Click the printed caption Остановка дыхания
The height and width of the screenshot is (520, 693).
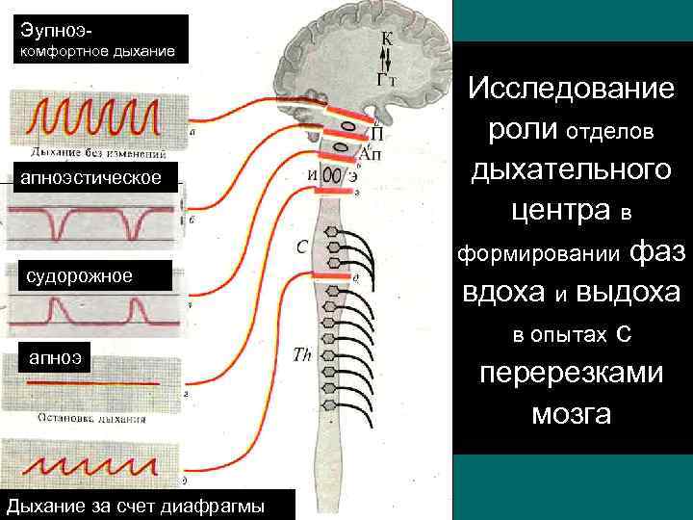(91, 419)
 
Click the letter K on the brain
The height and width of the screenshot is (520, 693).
(385, 39)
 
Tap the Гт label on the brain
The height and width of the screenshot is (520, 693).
(388, 80)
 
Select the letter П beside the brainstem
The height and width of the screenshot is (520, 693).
(377, 135)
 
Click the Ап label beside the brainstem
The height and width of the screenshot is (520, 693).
(371, 154)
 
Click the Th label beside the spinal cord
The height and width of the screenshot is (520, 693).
(302, 354)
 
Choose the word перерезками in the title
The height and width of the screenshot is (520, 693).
(572, 373)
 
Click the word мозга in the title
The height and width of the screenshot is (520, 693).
(571, 414)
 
